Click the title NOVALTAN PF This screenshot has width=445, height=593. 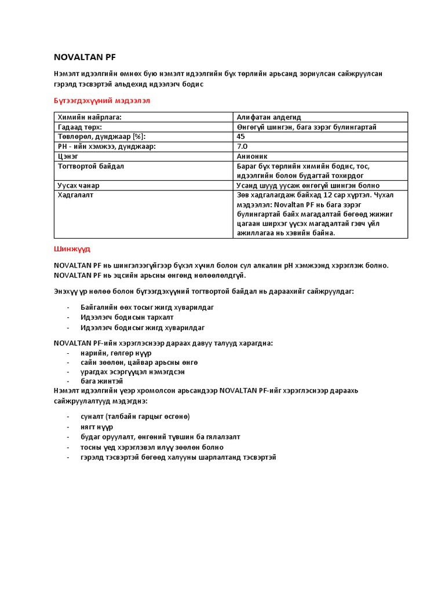click(x=85, y=57)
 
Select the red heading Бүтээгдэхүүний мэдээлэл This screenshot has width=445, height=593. click(x=102, y=100)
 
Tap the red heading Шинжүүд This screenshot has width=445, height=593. click(x=72, y=249)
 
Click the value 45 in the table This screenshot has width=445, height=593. click(x=241, y=137)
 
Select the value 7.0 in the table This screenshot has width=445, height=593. click(x=242, y=147)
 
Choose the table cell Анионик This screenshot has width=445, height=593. click(x=252, y=156)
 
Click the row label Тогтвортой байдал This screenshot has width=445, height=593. click(x=91, y=166)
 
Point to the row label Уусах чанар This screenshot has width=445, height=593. click(x=78, y=185)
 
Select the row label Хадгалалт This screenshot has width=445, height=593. click(x=75, y=195)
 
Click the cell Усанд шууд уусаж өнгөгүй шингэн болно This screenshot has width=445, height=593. click(x=308, y=185)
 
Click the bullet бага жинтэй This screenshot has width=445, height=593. click(x=101, y=382)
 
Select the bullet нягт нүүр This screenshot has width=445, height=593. click(x=97, y=427)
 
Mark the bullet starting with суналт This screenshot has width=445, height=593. click(x=135, y=416)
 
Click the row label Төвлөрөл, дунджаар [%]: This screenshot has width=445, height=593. click(x=101, y=137)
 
